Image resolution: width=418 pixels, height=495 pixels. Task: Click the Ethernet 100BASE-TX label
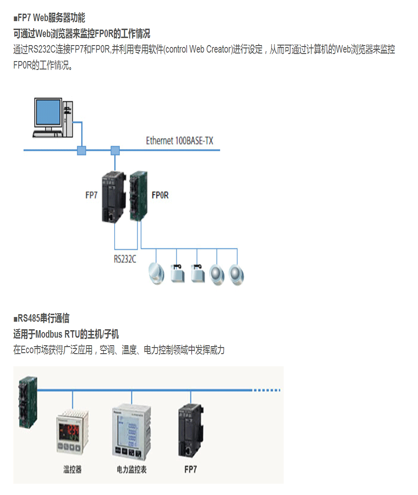(179, 141)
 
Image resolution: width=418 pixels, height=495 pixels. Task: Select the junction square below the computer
(82, 151)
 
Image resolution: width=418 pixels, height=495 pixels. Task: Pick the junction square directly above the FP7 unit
(115, 151)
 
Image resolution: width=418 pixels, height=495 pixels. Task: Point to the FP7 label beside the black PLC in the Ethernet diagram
(91, 195)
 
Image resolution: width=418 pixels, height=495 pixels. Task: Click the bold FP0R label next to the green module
(160, 195)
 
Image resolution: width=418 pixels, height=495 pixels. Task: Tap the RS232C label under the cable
(125, 259)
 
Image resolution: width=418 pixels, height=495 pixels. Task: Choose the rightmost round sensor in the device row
(237, 274)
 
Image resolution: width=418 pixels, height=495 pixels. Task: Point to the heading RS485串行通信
(43, 319)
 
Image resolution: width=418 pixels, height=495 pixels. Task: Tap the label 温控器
(72, 469)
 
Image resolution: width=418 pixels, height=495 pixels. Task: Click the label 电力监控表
(132, 469)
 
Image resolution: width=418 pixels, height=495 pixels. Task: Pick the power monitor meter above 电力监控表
(132, 433)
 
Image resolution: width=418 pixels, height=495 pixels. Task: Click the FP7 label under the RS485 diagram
(191, 469)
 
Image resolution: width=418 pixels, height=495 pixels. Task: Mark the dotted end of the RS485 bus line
(266, 390)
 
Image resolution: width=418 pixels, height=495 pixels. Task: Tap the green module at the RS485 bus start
(27, 402)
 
